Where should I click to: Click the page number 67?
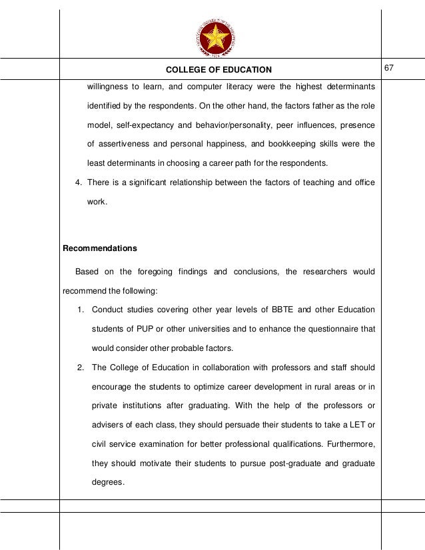(390, 69)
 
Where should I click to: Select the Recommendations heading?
(99, 248)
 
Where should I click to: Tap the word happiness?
(224, 144)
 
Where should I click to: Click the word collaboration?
(230, 368)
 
